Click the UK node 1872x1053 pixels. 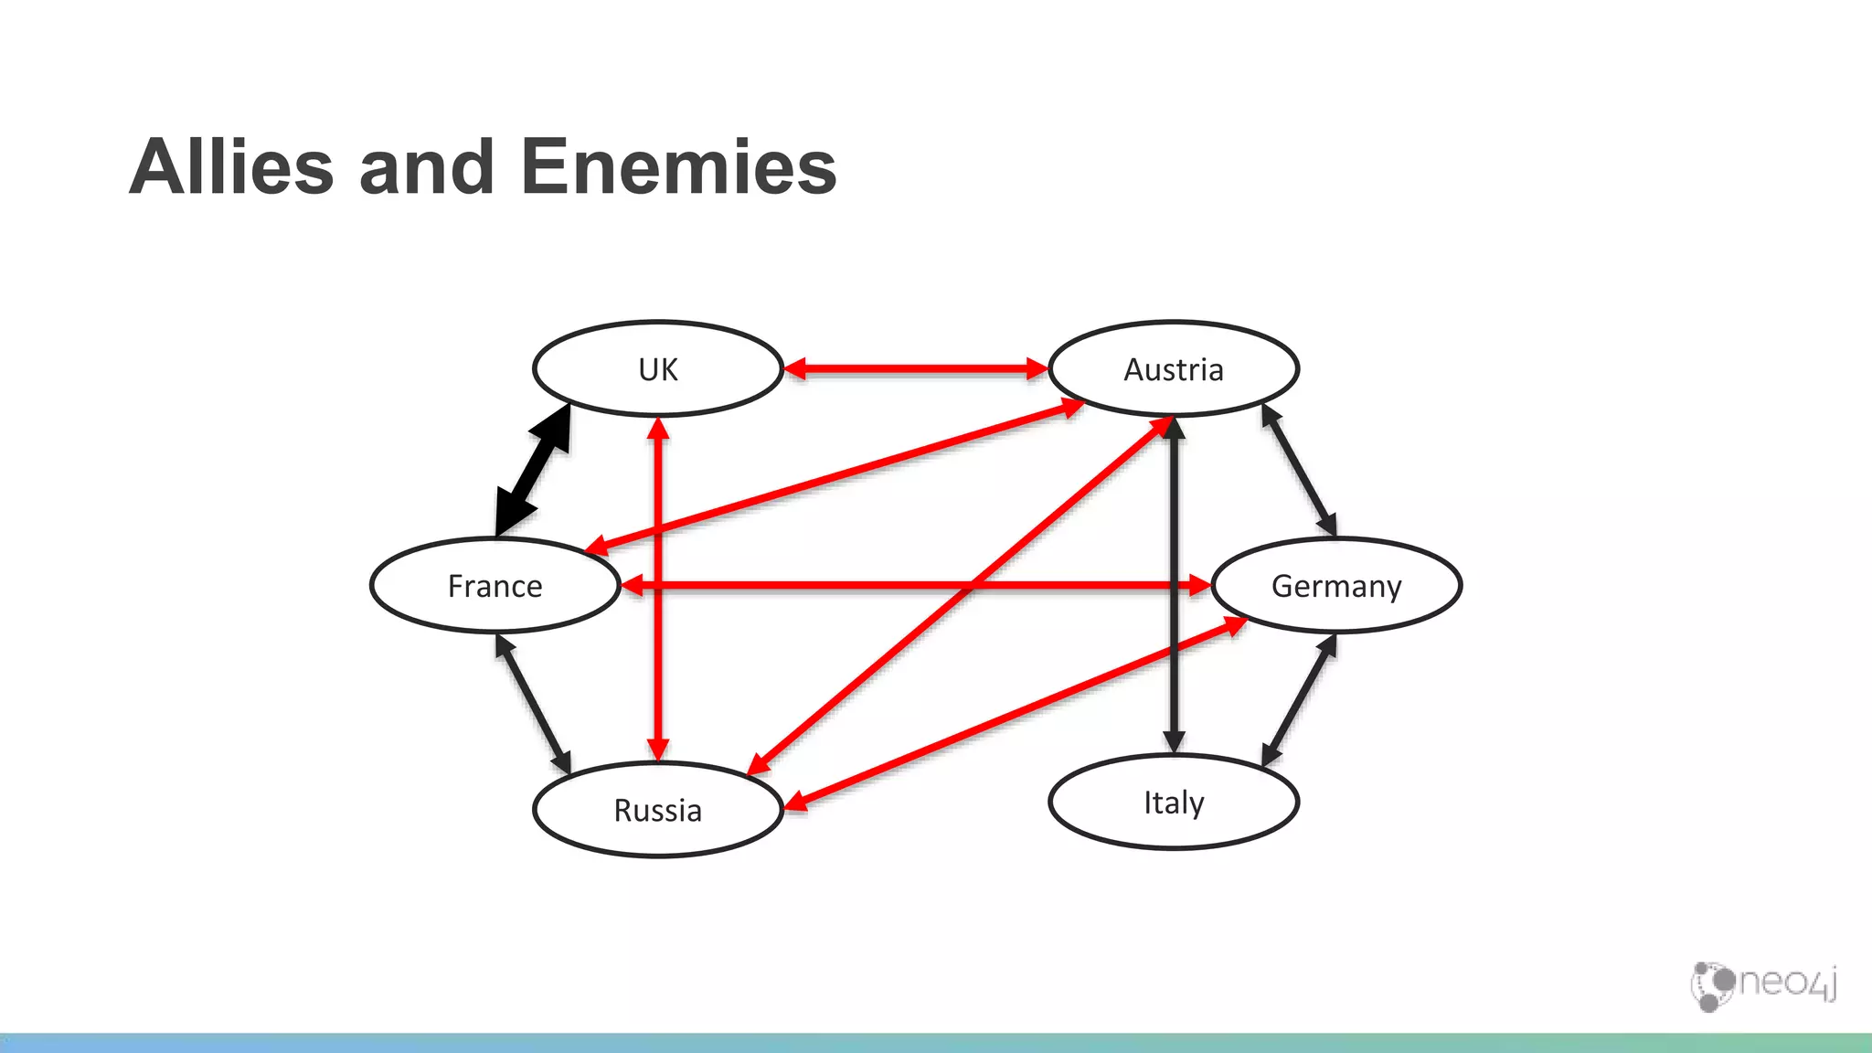[658, 369]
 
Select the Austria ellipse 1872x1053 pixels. [1174, 369]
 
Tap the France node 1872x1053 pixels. [495, 585]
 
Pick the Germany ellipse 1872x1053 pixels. [1336, 585]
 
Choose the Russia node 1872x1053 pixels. [658, 810]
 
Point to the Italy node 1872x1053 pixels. [1174, 803]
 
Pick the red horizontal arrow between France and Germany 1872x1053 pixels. [823, 585]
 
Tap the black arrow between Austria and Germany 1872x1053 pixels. [1299, 470]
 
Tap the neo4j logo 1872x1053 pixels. [1764, 985]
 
